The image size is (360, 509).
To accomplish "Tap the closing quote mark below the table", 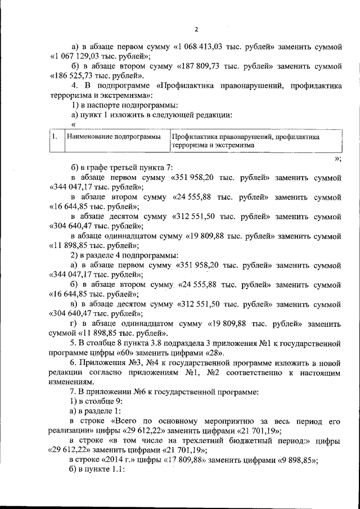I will point(337,159).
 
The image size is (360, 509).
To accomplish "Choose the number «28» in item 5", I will point(215,353).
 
